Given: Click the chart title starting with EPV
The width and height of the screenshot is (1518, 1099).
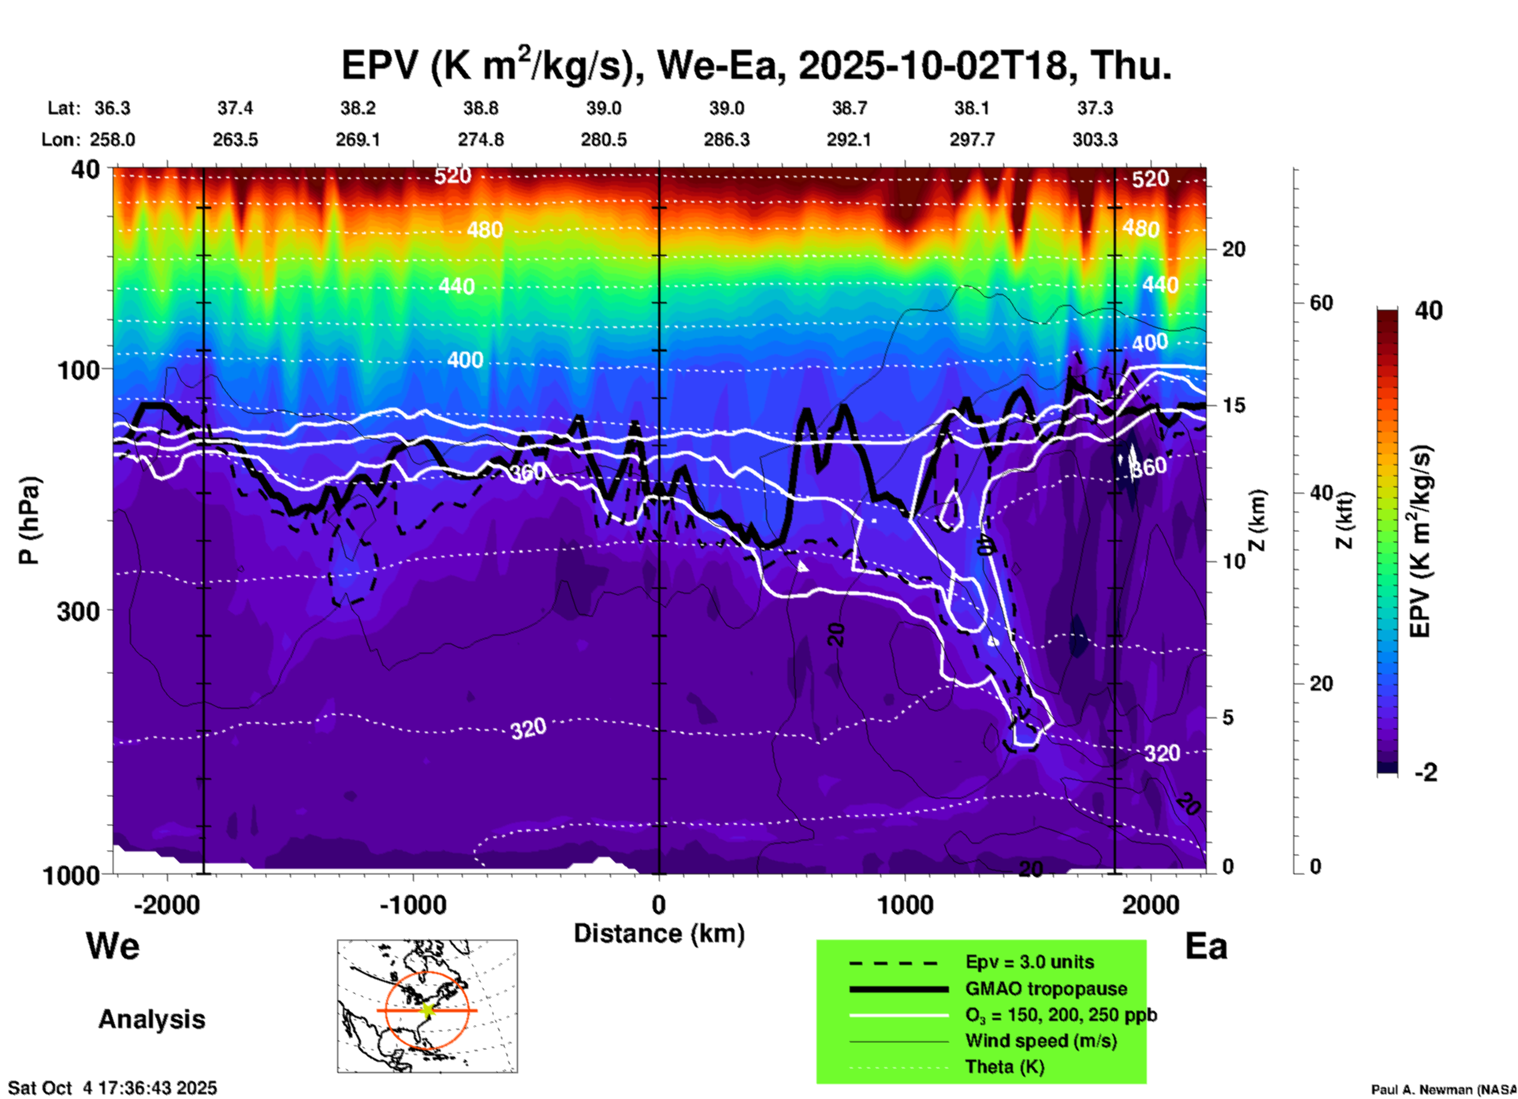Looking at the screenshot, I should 756,65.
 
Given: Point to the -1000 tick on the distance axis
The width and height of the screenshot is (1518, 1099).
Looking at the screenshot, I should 413,905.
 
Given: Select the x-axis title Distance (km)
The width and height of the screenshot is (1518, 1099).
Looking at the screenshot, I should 659,933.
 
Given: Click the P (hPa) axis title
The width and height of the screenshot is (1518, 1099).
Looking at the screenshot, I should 29,520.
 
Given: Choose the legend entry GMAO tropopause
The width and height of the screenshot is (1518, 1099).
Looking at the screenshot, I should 1046,989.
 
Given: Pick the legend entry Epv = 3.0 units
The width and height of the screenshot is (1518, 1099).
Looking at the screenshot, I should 1029,962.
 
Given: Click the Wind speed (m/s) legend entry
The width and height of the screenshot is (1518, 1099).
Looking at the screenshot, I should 1040,1041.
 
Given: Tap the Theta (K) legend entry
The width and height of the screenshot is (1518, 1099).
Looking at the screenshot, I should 1004,1067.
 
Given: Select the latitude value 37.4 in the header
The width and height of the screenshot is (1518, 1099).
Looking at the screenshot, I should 235,108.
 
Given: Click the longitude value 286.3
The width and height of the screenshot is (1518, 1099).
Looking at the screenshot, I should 726,140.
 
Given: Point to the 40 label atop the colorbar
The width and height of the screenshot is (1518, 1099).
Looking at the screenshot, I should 1428,311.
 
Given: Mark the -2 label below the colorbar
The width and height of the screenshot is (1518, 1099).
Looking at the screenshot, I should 1426,773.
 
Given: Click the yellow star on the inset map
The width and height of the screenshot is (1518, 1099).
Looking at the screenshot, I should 428,1010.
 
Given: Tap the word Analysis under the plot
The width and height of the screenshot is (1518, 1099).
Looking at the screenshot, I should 151,1019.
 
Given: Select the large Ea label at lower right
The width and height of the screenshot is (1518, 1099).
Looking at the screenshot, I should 1206,946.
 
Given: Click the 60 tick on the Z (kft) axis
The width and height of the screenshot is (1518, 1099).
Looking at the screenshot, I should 1321,303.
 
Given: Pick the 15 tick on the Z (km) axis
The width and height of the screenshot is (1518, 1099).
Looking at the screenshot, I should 1233,405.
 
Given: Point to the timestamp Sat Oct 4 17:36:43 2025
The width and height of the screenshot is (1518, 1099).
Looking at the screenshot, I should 112,1088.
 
